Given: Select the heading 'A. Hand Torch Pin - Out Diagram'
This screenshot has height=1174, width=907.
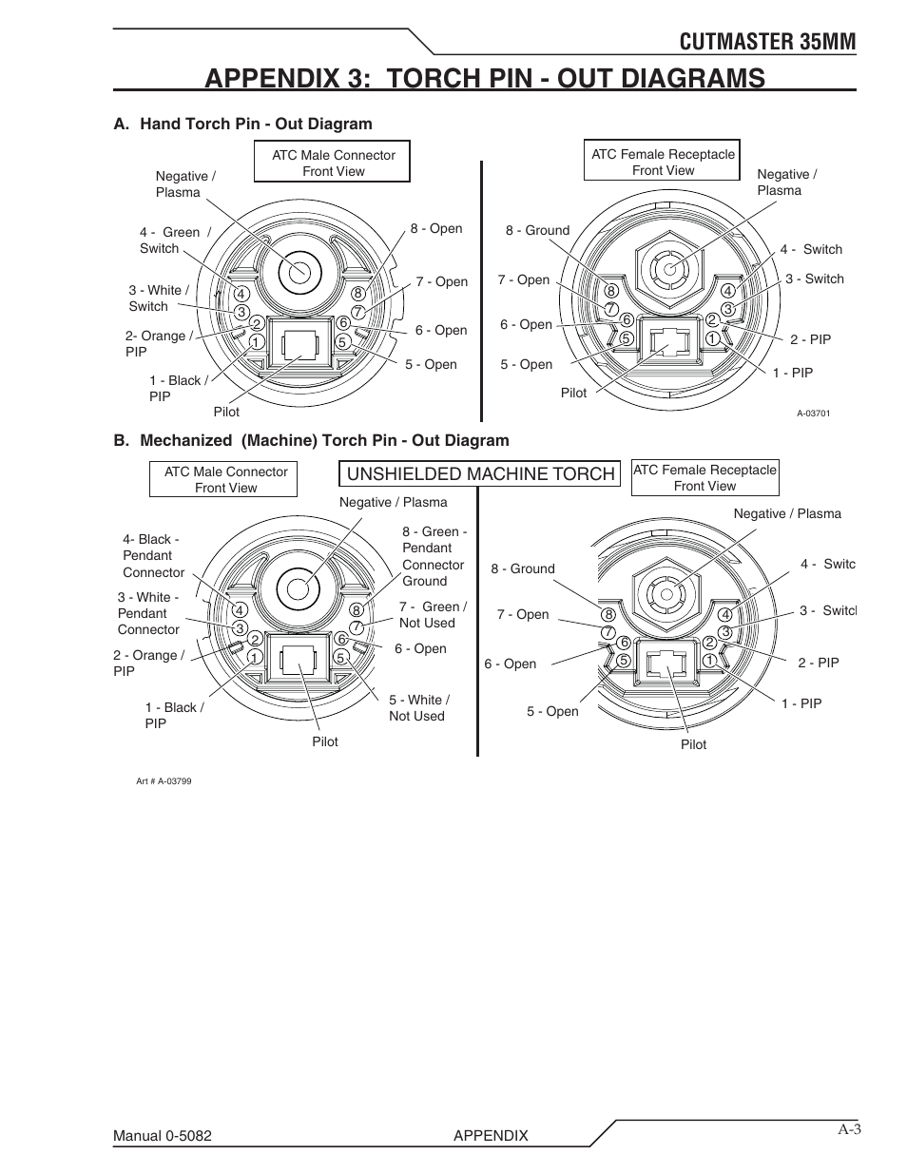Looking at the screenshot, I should click(x=242, y=124).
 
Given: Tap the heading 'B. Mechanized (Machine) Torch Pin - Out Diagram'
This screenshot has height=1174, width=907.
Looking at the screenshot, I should click(x=311, y=440).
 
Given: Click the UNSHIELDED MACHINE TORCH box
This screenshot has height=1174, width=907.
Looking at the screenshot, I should click(x=480, y=473).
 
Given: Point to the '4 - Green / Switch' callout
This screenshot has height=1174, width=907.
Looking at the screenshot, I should click(x=174, y=240).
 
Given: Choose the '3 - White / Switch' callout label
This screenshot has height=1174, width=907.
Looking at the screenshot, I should click(x=159, y=298).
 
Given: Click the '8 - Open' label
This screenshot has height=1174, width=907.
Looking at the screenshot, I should click(x=436, y=228).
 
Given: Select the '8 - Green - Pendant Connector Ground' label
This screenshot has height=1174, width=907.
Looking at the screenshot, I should click(x=434, y=556).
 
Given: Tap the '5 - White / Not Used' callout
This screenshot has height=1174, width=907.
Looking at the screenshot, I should click(x=418, y=707).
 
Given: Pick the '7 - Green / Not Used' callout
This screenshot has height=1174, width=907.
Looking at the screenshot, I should click(x=432, y=614).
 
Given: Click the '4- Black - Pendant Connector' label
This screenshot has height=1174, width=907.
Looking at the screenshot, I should click(x=153, y=555).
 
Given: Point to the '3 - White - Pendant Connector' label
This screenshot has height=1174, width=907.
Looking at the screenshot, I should click(x=148, y=613).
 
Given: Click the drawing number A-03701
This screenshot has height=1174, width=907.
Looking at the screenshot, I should click(x=813, y=414).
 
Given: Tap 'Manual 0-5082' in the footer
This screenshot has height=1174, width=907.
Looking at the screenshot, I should click(x=163, y=1135).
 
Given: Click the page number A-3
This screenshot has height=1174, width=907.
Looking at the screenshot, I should click(x=849, y=1129).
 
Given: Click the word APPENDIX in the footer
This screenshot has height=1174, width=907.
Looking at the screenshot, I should click(x=491, y=1135).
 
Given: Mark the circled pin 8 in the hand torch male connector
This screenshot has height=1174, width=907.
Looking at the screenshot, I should click(x=357, y=294).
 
